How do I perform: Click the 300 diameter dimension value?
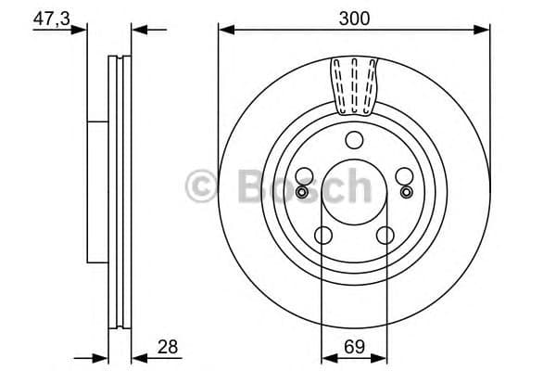354,16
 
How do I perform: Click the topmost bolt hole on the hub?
353,141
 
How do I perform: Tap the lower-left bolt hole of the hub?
322,236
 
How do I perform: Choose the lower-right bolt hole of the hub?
385,236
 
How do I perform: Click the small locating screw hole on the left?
301,192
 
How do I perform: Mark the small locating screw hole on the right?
406,192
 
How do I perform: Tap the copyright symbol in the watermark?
202,186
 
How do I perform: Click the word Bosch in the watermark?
305,186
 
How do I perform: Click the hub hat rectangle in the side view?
97,190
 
